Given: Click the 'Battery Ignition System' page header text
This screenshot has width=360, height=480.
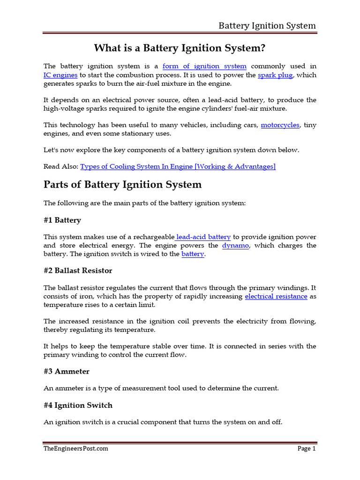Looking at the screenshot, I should (267, 25).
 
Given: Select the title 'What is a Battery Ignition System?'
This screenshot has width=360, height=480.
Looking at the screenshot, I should (180, 48).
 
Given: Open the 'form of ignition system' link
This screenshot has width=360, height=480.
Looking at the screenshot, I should (204, 66).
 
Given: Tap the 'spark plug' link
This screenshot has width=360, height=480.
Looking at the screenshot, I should (275, 75).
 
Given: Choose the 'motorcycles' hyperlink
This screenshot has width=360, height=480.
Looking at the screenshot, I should (280, 125).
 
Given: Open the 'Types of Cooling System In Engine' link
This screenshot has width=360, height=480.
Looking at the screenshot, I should (178, 166).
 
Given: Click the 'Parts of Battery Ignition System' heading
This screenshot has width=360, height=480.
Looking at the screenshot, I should (122, 185).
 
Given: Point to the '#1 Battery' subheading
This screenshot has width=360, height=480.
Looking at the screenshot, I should (62, 220).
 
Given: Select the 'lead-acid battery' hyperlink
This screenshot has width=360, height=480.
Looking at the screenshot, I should (203, 237).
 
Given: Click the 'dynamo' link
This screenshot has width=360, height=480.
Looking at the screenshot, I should (235, 246).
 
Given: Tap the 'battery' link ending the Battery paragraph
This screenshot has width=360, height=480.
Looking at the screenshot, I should (193, 254).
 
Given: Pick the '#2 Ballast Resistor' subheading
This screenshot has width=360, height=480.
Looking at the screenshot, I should (78, 270).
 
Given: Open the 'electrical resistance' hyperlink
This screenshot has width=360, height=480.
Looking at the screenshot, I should (276, 296).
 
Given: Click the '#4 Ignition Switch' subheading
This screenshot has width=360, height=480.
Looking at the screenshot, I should (78, 405).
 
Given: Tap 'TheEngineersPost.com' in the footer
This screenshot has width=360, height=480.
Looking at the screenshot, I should (76, 449).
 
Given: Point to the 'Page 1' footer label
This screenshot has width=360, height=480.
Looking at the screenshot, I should (307, 449).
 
